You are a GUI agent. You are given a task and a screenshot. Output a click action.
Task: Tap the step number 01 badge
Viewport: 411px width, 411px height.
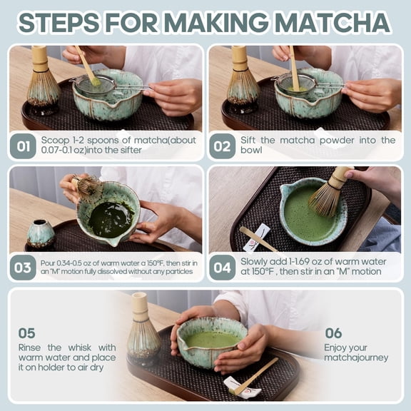(23, 146)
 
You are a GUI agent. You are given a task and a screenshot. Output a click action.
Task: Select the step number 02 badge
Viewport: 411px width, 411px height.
(223, 146)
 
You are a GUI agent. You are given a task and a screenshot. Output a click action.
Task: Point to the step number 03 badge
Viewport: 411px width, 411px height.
(23, 268)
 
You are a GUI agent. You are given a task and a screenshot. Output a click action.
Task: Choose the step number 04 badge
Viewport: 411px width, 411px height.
(223, 268)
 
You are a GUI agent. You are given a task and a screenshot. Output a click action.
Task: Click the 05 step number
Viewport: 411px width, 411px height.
(26, 333)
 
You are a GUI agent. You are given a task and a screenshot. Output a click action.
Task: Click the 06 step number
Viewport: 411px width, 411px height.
(333, 333)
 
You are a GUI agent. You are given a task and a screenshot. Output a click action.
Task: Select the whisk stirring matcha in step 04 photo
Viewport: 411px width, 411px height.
(330, 194)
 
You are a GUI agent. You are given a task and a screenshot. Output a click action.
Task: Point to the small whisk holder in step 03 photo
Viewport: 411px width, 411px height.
(40, 234)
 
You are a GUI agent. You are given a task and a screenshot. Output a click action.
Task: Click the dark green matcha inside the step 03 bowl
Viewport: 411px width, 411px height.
(111, 218)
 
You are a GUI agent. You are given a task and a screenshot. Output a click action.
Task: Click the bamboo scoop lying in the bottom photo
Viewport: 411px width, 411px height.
(255, 376)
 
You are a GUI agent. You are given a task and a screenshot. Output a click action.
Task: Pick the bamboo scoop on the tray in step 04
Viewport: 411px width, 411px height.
(259, 239)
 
